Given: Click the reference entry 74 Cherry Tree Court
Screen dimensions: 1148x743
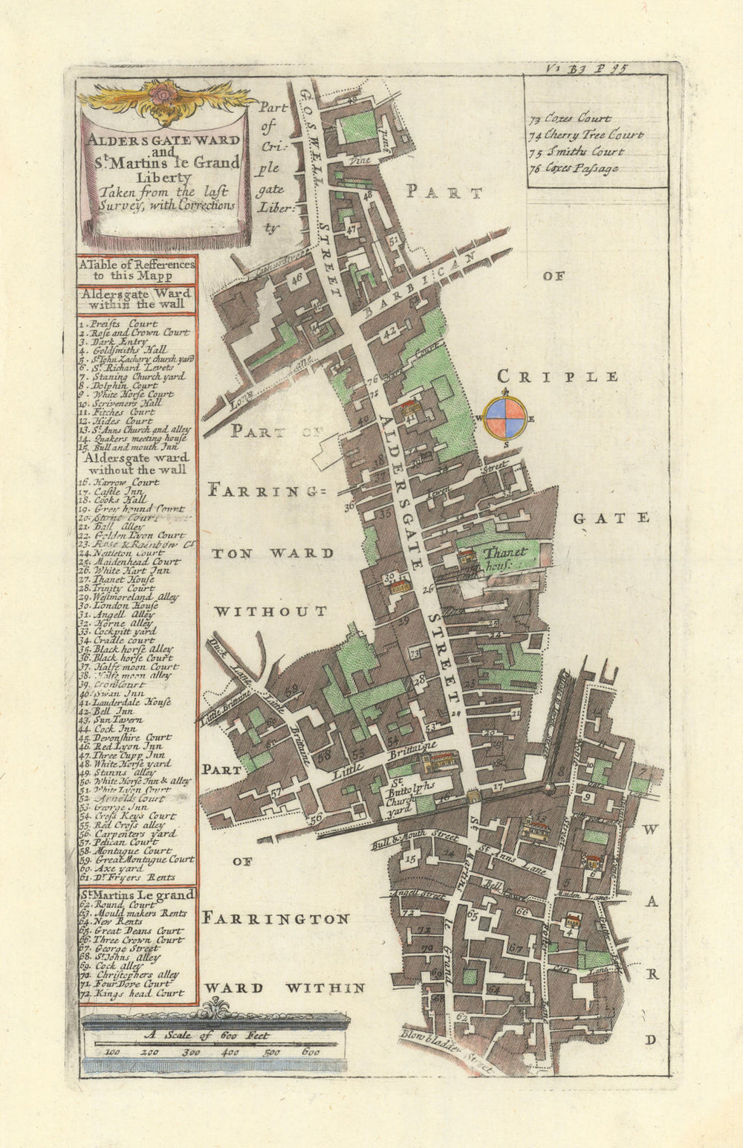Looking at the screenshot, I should (x=586, y=135).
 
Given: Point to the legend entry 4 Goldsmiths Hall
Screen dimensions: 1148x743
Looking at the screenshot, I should (x=124, y=349).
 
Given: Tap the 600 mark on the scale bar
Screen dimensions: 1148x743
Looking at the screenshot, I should (x=311, y=1051).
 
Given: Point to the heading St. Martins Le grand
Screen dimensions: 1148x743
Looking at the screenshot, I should (x=137, y=894).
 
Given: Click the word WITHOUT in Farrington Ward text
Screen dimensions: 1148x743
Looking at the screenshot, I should (x=270, y=611).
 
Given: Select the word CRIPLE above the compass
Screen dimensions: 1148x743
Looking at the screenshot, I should (x=557, y=376).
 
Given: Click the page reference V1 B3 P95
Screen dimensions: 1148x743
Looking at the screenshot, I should (x=587, y=68).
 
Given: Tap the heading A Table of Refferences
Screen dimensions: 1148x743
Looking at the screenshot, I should (x=137, y=269).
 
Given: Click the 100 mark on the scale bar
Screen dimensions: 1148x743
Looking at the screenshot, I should (x=113, y=1051).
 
